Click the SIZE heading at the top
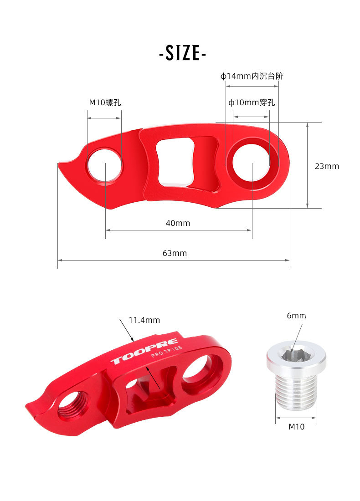(183, 53)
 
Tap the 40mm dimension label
(178, 223)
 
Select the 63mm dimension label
(175, 253)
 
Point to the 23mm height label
(327, 166)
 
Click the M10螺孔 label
(105, 102)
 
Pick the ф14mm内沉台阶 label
(252, 76)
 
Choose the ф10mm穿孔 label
(252, 102)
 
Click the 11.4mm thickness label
(144, 320)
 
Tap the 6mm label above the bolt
(296, 316)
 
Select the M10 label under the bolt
(296, 427)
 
